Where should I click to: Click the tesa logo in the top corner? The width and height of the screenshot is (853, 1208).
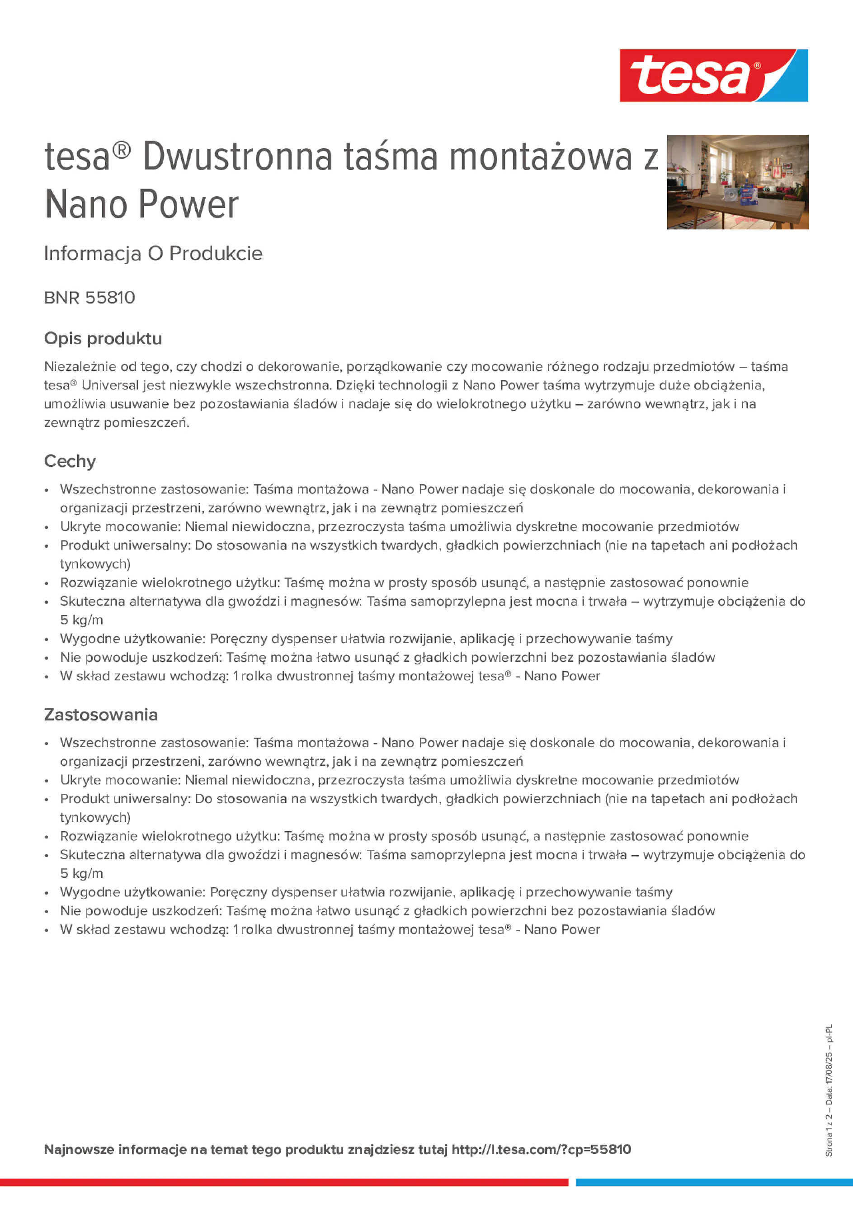click(x=713, y=75)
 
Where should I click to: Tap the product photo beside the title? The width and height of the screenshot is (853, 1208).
click(x=737, y=182)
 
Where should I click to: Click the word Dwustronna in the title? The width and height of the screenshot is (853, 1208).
click(x=237, y=157)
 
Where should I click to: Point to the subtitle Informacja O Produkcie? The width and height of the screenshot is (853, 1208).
click(x=153, y=254)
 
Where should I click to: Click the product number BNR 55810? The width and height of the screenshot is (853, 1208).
click(x=90, y=298)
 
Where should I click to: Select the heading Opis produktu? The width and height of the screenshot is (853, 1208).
click(x=103, y=338)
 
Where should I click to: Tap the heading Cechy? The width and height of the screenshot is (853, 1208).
click(x=70, y=461)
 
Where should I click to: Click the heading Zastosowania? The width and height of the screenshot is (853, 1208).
click(x=101, y=715)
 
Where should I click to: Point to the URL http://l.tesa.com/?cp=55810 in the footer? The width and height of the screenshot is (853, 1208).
click(x=541, y=1149)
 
